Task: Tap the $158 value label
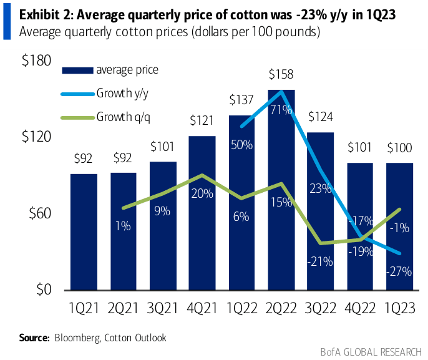click(281, 75)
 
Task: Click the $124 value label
click(321, 117)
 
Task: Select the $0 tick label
click(41, 290)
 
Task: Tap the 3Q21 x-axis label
click(163, 308)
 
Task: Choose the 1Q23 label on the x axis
click(401, 308)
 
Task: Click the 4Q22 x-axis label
click(361, 308)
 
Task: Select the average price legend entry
click(127, 70)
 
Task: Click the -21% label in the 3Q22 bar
click(319, 262)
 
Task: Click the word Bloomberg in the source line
click(77, 338)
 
